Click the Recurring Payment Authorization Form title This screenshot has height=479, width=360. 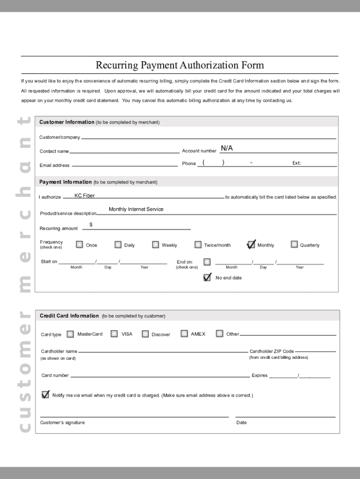[180, 65]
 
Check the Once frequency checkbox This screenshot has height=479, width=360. [79, 245]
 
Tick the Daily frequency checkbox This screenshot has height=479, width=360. [118, 245]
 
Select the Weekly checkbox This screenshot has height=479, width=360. [155, 245]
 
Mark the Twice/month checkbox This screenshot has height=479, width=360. [198, 245]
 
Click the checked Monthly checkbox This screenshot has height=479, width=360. [251, 245]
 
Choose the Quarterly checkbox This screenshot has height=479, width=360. [294, 244]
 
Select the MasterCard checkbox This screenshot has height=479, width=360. [70, 334]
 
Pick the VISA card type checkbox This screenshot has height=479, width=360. [114, 334]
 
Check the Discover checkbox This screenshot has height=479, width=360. [145, 334]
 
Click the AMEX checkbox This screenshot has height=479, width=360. [184, 334]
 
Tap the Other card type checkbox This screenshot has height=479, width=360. [219, 334]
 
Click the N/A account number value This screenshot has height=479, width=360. [227, 148]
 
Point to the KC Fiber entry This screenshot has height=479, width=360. [85, 196]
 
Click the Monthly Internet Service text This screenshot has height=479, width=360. [136, 209]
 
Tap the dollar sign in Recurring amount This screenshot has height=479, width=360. [91, 225]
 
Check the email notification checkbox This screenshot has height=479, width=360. [45, 394]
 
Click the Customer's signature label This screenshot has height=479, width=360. [63, 422]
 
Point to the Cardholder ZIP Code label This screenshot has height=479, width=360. [272, 351]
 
